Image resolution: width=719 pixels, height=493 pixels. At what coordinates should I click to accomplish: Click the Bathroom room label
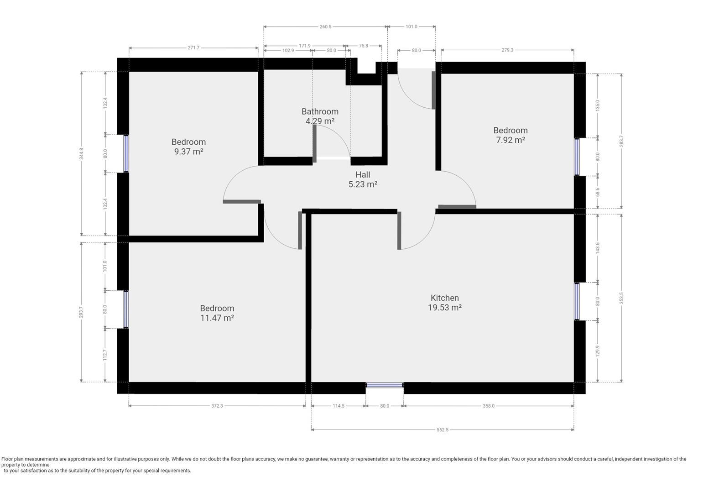tap(320, 111)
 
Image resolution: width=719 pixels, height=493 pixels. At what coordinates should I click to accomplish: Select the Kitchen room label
tap(444, 298)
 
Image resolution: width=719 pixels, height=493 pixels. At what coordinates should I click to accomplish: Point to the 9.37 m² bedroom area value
tap(189, 151)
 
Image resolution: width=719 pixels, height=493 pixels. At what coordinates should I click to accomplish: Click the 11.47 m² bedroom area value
tap(217, 318)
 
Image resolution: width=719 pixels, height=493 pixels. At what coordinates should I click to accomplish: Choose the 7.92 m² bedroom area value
tap(511, 140)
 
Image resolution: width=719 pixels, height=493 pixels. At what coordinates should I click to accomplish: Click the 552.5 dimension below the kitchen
tap(443, 430)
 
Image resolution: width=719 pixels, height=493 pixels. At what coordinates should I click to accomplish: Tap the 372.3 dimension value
tap(217, 406)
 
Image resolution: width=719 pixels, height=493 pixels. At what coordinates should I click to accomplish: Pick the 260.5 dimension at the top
tap(325, 26)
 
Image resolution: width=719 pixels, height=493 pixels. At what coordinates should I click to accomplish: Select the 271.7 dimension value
tap(193, 48)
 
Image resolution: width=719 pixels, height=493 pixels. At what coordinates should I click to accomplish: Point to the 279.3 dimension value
tap(507, 50)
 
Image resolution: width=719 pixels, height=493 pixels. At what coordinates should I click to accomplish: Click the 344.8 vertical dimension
tap(82, 153)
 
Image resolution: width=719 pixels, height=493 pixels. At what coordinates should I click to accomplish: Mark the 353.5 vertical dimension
tap(621, 298)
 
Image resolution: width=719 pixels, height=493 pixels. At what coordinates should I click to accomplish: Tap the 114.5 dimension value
tap(339, 406)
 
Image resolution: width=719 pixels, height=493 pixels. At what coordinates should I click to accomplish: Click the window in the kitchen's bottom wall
tap(385, 385)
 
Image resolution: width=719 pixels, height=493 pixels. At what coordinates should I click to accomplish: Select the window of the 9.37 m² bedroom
tap(126, 153)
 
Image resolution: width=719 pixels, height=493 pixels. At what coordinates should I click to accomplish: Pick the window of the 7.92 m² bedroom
tap(577, 157)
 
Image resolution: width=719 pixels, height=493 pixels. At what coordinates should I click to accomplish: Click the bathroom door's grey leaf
tap(315, 143)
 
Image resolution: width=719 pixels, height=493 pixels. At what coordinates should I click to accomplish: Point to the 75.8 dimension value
tap(363, 46)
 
